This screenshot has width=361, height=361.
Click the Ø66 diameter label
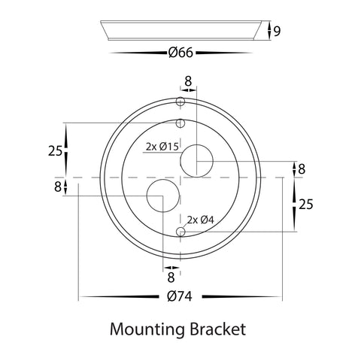click(180, 53)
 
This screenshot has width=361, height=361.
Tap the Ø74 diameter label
click(180, 297)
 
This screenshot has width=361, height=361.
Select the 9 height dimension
click(277, 31)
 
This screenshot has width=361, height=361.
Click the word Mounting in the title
click(147, 329)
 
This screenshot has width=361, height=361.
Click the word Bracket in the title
click(217, 329)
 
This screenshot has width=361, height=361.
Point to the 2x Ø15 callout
click(162, 147)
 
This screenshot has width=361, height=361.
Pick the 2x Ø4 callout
click(200, 220)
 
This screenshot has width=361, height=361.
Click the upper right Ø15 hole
click(197, 161)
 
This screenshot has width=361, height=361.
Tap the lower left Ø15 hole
click(163, 196)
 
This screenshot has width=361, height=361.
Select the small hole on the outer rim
click(180, 102)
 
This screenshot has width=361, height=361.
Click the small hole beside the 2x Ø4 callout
click(180, 232)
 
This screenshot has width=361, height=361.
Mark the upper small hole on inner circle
click(180, 123)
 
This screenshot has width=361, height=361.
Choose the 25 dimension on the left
click(55, 151)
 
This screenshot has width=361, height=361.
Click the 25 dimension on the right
click(306, 205)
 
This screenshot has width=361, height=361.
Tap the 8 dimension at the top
click(188, 81)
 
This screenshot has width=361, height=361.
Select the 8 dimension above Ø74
click(171, 278)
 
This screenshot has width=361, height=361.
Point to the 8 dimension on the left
click(58, 187)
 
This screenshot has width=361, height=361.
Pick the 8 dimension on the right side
click(302, 169)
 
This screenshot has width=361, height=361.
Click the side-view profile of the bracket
click(181, 30)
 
